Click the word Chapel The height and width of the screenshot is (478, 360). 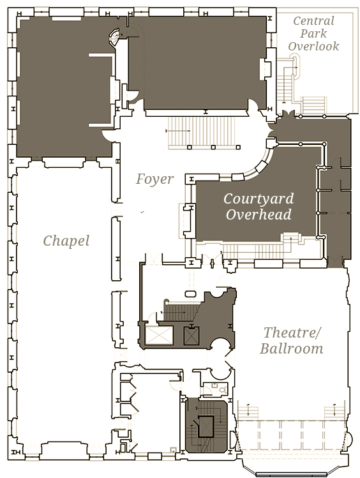[x=66, y=241]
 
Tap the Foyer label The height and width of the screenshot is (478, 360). [x=155, y=179]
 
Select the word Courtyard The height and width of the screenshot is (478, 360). [x=259, y=198]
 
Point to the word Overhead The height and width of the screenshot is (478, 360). [x=259, y=214]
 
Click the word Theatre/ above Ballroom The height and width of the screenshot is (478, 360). [x=292, y=332]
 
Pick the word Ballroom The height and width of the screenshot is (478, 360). [x=292, y=348]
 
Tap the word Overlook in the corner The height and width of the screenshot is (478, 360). [x=313, y=47]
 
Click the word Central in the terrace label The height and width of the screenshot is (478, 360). [x=313, y=21]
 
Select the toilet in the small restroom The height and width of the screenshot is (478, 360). [x=223, y=389]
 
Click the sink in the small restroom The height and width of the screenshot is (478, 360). [x=214, y=385]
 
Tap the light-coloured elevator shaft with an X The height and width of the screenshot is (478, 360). [x=159, y=335]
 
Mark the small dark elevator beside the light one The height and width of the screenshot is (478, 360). [x=191, y=336]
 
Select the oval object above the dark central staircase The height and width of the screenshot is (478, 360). [x=191, y=294]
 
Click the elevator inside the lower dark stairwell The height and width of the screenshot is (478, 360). [x=205, y=427]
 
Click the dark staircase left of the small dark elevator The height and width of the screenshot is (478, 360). [x=179, y=311]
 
